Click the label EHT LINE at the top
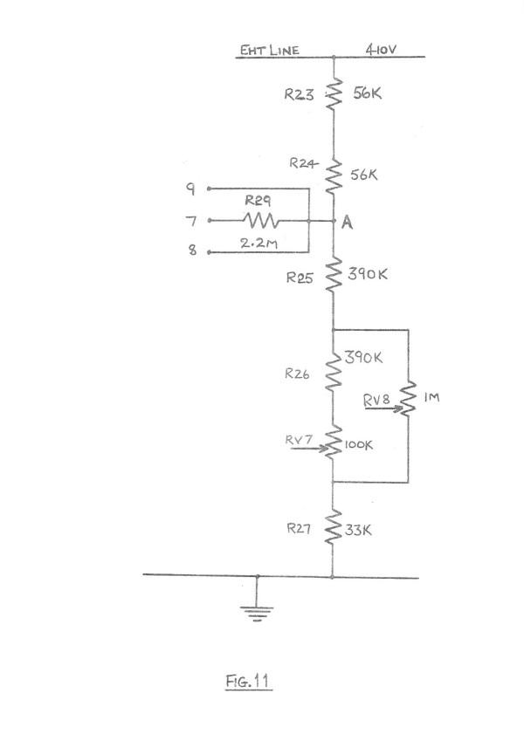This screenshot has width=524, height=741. (x=270, y=50)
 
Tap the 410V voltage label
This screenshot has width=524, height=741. (x=382, y=50)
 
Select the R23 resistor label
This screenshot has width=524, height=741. (x=300, y=97)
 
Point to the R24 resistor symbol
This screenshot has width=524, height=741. (x=333, y=176)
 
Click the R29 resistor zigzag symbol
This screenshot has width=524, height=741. (x=259, y=221)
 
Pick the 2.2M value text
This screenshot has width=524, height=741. (x=259, y=245)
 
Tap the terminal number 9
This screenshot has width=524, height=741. (x=191, y=188)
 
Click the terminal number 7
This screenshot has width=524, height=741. (x=191, y=221)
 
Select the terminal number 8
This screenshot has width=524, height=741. (x=191, y=252)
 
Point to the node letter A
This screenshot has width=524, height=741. (x=347, y=223)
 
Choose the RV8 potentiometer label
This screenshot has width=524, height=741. (x=376, y=399)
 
